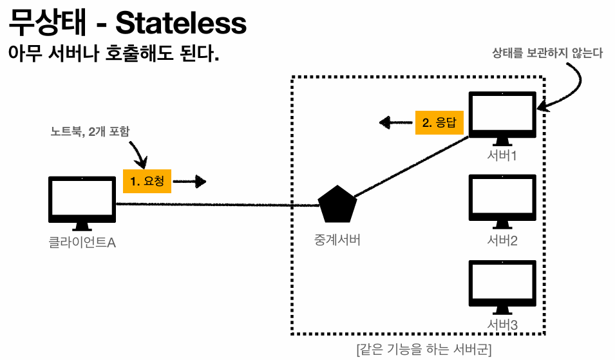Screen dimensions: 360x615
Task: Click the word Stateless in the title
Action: [x=181, y=24]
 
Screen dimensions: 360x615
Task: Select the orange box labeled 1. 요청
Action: [x=147, y=181]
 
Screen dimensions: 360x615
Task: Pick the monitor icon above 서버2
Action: [x=502, y=199]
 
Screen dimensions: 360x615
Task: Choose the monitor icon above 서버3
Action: [x=502, y=283]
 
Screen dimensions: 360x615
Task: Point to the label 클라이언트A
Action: [x=82, y=243]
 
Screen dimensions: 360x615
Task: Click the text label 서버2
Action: [x=502, y=241]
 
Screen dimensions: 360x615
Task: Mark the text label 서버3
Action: [x=502, y=325]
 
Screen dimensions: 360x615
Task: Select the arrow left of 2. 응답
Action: [x=394, y=122]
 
